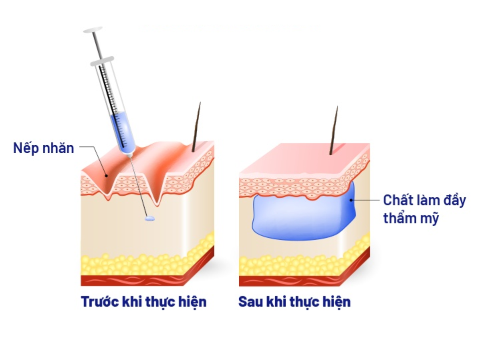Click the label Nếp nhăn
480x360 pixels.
click(44, 148)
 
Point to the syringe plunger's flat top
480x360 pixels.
click(93, 30)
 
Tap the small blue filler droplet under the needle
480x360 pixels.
click(150, 218)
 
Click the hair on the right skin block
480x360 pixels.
click(334, 130)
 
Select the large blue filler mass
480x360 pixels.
click(300, 218)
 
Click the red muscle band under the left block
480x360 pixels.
click(132, 280)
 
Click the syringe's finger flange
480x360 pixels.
click(102, 61)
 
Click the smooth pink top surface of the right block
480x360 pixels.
click(304, 158)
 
